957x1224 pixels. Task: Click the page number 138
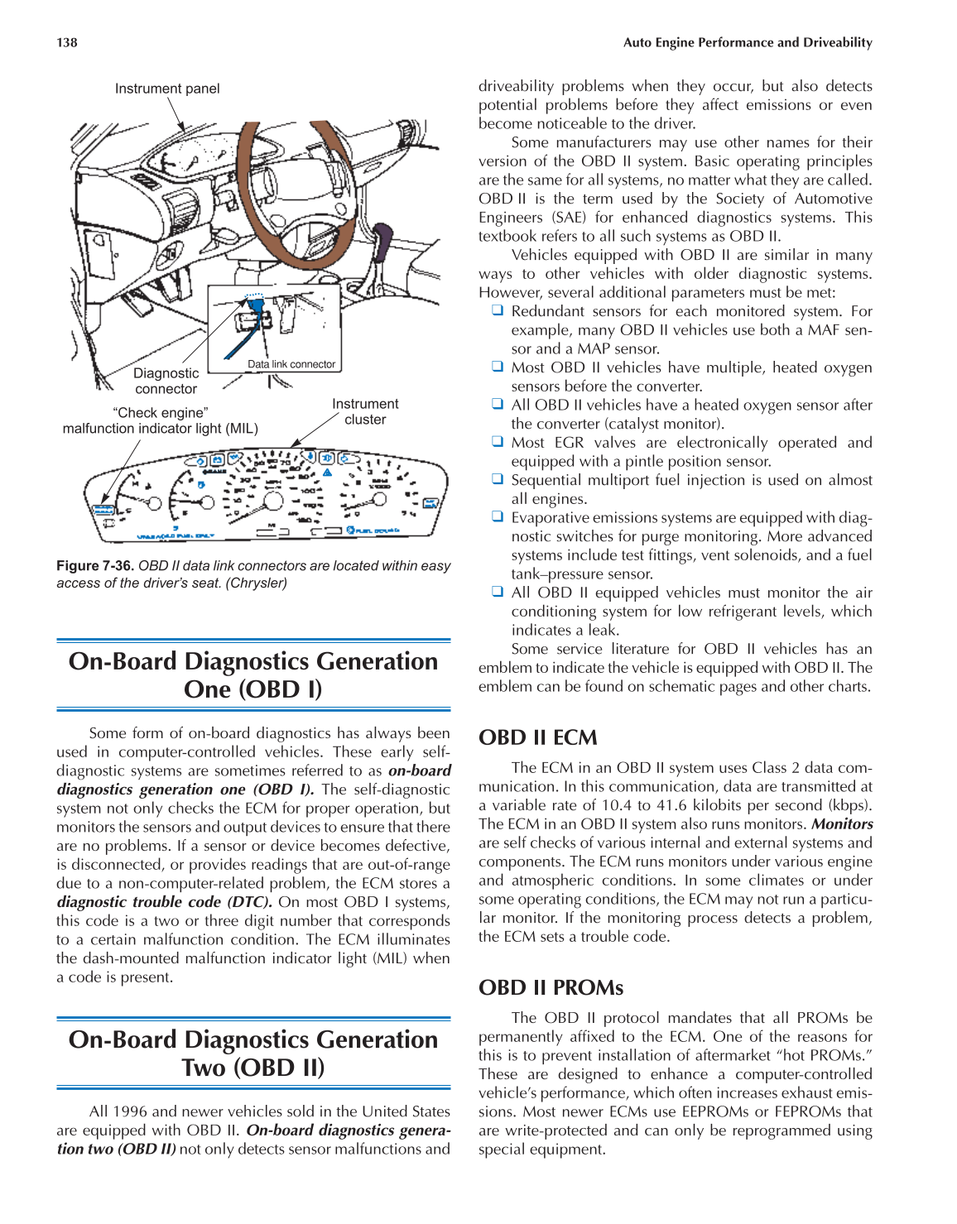click(x=67, y=42)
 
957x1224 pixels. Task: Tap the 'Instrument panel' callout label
click(x=167, y=89)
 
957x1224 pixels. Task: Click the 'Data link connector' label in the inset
click(x=291, y=364)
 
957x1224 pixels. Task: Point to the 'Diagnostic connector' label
click(x=166, y=382)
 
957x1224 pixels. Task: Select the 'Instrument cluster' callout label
click(x=365, y=411)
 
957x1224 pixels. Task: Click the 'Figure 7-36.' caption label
click(x=95, y=566)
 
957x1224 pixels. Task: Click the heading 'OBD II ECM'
click(x=538, y=737)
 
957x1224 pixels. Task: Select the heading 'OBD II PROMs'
click(x=551, y=987)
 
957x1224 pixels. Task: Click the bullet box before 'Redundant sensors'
click(x=498, y=310)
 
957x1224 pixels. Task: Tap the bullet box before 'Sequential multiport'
click(x=498, y=479)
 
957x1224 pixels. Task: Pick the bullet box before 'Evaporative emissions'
click(x=498, y=516)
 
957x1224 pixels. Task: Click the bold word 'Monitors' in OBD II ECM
click(x=842, y=824)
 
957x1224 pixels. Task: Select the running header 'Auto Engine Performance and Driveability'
click(x=748, y=42)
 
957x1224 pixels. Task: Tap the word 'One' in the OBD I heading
click(x=207, y=689)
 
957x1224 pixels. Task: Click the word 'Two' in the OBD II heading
click(x=204, y=1068)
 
